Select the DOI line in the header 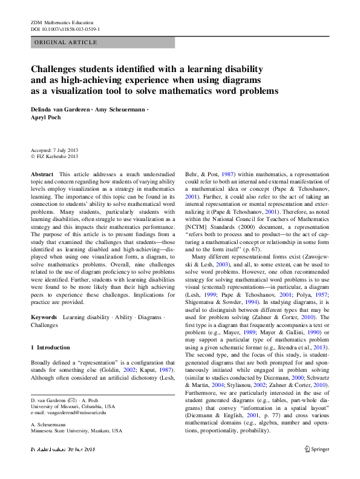(65, 28)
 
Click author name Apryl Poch (47, 119)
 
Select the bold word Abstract (41, 174)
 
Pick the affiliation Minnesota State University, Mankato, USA (76, 431)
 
